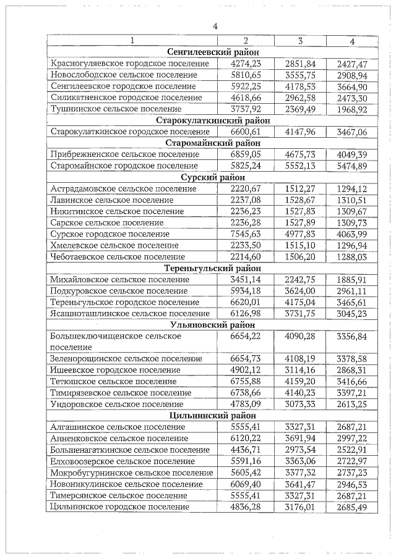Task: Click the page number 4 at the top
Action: [215, 26]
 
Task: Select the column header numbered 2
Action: [245, 41]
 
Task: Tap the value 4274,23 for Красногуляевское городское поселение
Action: [245, 64]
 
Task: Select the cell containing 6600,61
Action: [245, 132]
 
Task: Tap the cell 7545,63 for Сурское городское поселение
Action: [245, 233]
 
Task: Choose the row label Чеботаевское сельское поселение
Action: [118, 256]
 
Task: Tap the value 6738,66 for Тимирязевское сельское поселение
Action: [245, 393]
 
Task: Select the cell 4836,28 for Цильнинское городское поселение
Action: [245, 507]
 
